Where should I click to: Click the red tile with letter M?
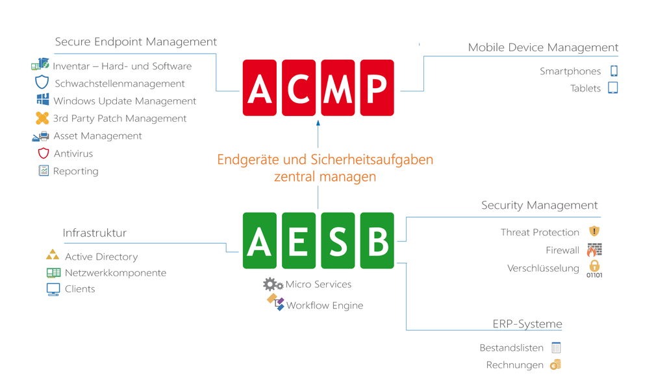click(x=338, y=88)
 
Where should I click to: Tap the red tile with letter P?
click(x=377, y=88)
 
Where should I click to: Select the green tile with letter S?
click(x=338, y=241)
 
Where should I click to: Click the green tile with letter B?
click(x=377, y=241)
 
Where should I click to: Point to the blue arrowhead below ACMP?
click(x=318, y=123)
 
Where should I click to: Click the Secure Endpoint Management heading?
click(x=136, y=41)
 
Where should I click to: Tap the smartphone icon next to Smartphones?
click(x=614, y=71)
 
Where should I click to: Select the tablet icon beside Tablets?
click(x=612, y=88)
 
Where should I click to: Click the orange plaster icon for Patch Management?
click(x=42, y=118)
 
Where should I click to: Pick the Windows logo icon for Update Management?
click(x=43, y=100)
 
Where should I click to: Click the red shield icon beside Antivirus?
click(x=44, y=153)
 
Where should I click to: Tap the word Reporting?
click(x=76, y=171)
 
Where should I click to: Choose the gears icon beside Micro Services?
click(x=273, y=285)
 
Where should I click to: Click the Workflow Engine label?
click(x=325, y=305)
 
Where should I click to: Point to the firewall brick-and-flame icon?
click(x=594, y=250)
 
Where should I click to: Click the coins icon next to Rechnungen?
click(x=555, y=364)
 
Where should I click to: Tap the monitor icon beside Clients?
click(x=53, y=289)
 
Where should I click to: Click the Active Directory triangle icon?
click(x=53, y=255)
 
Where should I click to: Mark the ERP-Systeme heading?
click(x=527, y=324)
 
